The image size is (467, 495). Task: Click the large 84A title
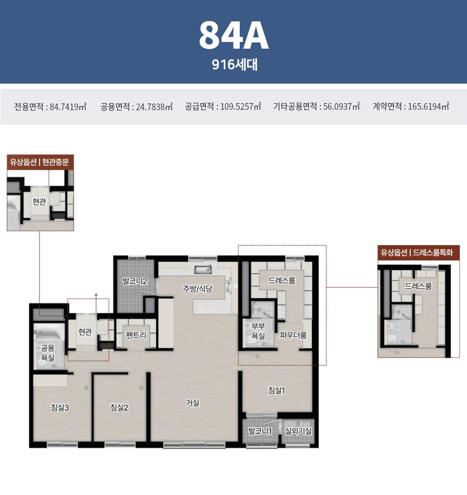tap(233, 35)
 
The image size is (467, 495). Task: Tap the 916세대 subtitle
tap(235, 65)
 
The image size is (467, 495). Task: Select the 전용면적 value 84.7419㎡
tap(68, 107)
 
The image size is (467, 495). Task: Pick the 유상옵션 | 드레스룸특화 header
tap(419, 253)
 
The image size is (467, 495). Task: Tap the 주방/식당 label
tap(197, 289)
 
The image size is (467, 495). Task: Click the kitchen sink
tap(203, 270)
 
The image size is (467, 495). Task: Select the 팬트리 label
tap(136, 335)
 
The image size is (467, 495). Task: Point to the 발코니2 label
tap(135, 281)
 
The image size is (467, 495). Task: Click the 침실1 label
tap(277, 390)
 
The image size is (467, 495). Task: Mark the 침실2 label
tap(119, 407)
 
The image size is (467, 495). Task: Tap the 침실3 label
tap(60, 407)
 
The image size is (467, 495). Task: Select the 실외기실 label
tap(298, 431)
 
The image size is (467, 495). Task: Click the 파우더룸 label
tap(293, 335)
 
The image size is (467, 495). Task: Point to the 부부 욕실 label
tap(258, 331)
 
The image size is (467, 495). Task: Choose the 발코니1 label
tap(260, 431)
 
